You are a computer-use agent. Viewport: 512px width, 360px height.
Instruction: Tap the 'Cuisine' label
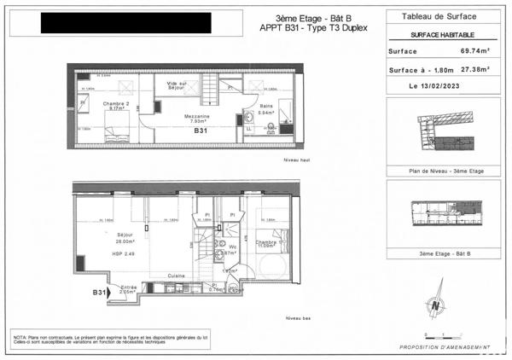pos(177,276)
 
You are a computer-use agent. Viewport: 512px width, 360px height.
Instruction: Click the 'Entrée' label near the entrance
pos(128,287)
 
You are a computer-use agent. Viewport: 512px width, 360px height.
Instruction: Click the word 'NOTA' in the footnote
pos(19,338)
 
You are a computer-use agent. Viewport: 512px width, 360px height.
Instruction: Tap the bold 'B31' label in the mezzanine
pos(201,131)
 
